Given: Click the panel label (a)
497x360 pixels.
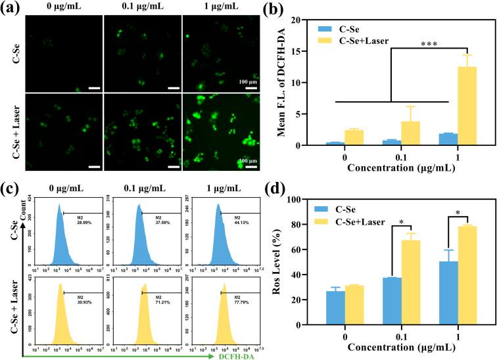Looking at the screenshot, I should [x=11, y=9].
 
